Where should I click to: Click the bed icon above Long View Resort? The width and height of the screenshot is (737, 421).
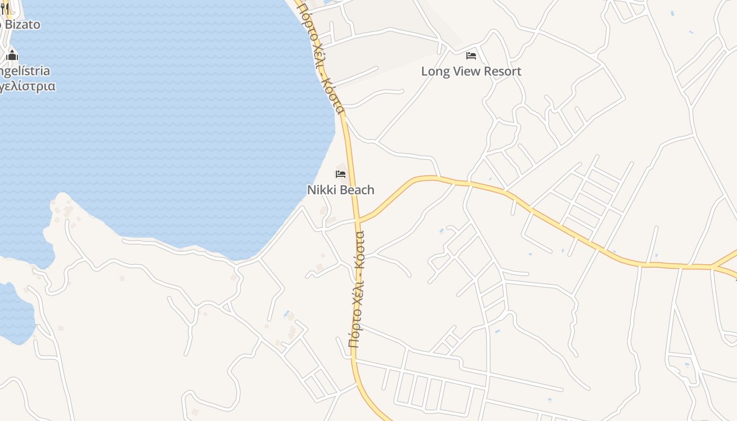pos(471,55)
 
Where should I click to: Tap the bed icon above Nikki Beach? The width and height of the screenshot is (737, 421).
pos(341,174)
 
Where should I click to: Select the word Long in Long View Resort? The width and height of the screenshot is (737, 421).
pos(435,71)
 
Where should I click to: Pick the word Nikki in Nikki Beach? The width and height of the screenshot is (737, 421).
pos(320,189)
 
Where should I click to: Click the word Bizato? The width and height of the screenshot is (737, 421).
pos(22,24)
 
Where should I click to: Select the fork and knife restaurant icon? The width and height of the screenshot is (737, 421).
pos(5,9)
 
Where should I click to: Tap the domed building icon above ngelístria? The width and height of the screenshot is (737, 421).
pos(12,55)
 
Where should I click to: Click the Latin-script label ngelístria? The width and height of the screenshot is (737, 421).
pos(25,71)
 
